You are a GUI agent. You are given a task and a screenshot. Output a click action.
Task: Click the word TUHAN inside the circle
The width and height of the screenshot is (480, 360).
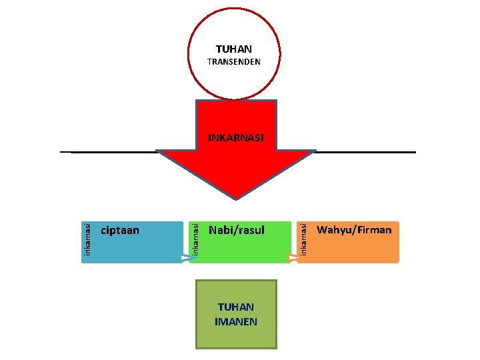233,49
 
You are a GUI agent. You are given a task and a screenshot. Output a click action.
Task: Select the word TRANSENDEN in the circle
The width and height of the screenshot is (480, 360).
233,62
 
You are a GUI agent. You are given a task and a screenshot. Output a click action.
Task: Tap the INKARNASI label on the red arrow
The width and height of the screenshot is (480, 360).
236,138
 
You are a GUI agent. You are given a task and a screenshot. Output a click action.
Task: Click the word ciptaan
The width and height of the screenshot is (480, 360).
120,231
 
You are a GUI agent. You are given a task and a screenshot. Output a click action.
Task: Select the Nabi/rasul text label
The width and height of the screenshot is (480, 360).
237,231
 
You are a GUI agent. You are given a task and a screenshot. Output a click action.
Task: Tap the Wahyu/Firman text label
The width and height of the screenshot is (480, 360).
354,230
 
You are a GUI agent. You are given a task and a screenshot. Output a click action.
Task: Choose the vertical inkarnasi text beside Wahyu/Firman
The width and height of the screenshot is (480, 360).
303,238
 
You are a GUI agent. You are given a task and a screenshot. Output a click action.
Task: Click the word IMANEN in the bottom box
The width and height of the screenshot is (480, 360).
236,321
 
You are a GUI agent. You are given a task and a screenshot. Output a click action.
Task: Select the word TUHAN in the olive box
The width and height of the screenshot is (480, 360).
236,307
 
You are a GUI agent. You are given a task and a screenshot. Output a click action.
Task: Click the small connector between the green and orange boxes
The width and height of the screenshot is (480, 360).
293,258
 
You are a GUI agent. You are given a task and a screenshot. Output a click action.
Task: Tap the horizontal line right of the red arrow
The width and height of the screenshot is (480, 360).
363,152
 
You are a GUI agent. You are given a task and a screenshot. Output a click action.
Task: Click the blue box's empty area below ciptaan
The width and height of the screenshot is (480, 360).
133,251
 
